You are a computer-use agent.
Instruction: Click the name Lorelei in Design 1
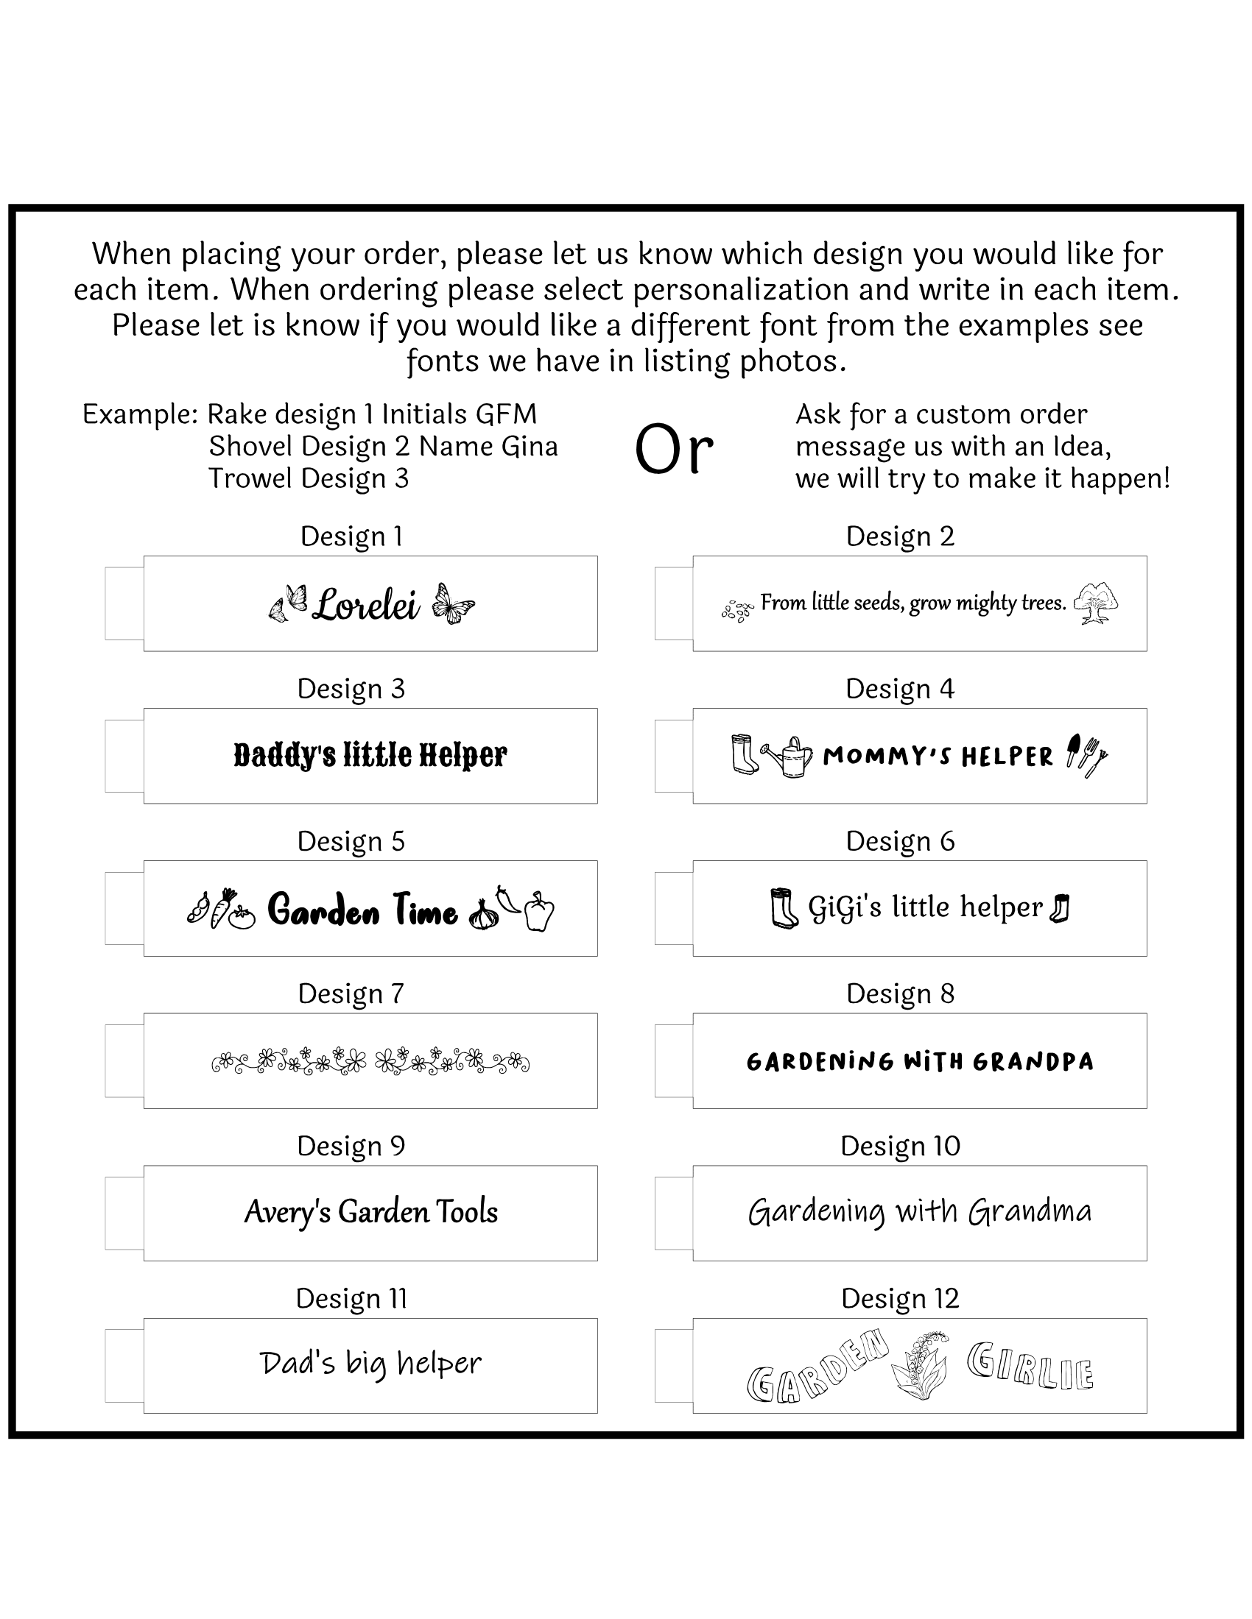[367, 606]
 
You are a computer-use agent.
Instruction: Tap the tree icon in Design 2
[1097, 603]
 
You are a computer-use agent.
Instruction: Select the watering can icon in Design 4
[789, 756]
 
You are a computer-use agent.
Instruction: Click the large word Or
[673, 450]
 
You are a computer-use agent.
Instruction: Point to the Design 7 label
[351, 993]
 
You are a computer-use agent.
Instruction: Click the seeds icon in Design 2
[737, 611]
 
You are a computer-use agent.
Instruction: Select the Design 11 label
[351, 1298]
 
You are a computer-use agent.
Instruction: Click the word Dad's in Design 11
[298, 1362]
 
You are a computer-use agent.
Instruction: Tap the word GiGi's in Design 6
[845, 907]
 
